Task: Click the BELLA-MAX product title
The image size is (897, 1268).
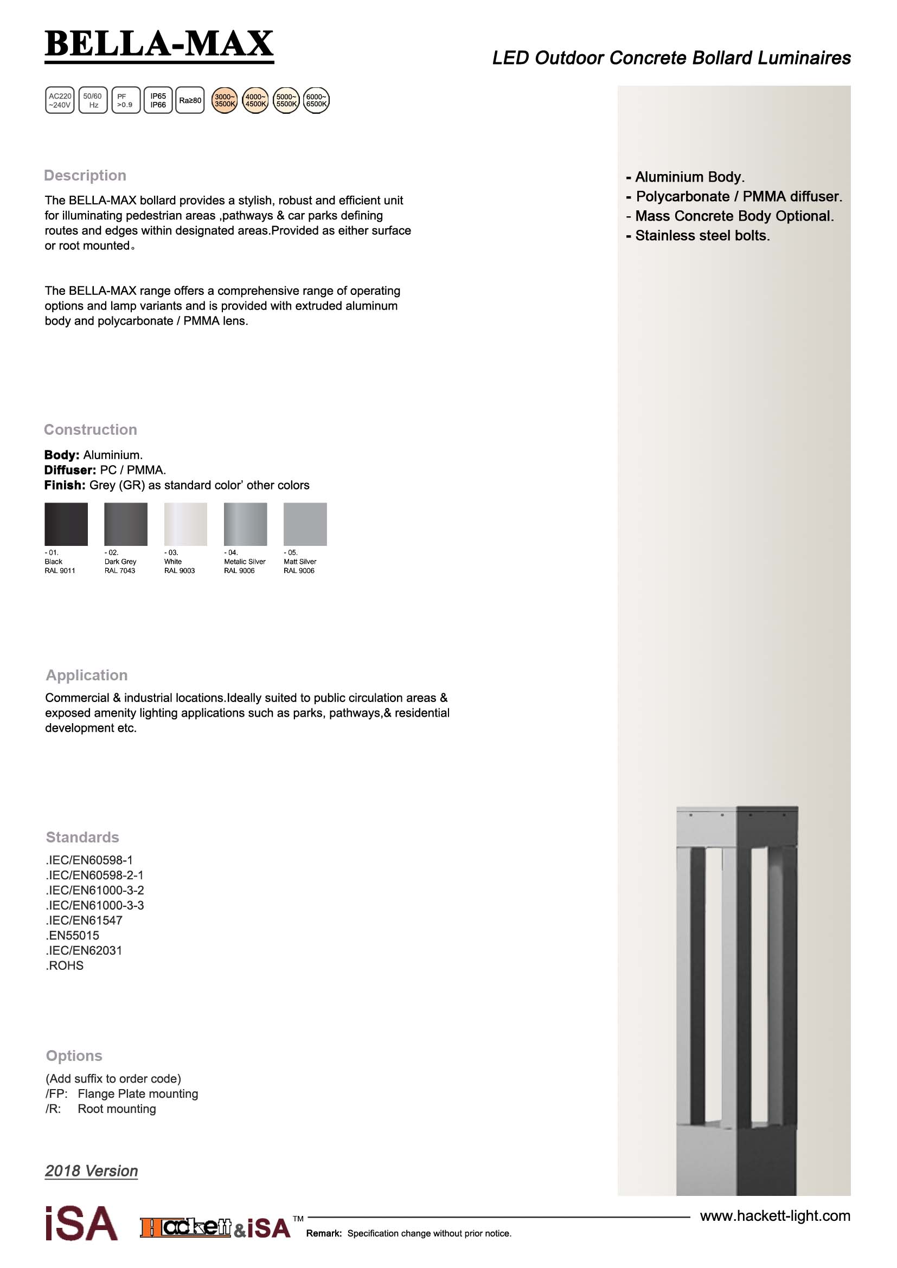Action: click(159, 44)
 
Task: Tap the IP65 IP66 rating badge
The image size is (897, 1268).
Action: click(158, 100)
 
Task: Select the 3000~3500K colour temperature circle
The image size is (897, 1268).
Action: click(225, 100)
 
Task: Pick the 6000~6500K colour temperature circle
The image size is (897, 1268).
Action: click(316, 100)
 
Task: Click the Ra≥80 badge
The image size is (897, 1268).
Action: click(190, 100)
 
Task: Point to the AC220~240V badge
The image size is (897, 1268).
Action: click(60, 100)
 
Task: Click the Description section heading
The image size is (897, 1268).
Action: click(85, 176)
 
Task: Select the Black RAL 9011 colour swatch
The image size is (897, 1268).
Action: click(66, 524)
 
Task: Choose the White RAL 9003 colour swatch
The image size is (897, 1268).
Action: click(185, 524)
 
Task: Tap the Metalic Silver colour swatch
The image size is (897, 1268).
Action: click(245, 524)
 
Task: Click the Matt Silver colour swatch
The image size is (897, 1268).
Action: click(305, 524)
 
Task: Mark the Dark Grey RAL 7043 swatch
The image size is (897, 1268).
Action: click(126, 524)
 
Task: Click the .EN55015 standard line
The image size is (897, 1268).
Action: click(73, 936)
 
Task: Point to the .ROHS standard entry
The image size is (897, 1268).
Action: click(65, 966)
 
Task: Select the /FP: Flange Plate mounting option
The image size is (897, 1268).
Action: click(121, 1094)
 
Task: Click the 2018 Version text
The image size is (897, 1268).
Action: click(92, 1171)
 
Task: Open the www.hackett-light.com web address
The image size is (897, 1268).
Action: click(774, 1216)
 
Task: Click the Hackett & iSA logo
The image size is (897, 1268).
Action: click(215, 1228)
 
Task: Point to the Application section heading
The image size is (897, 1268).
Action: click(87, 675)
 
